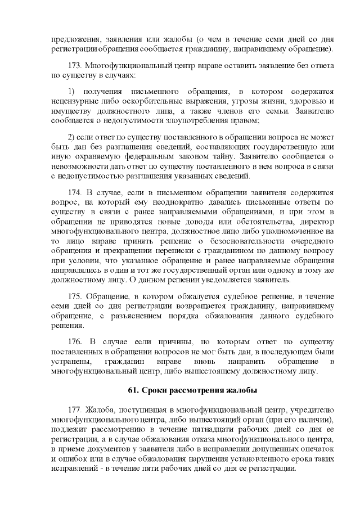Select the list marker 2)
[71, 137]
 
